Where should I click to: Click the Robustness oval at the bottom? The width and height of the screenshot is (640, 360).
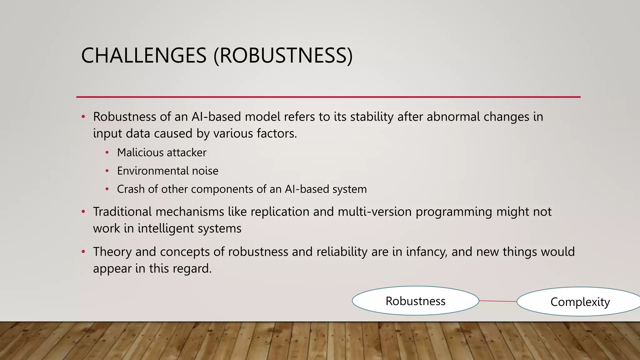(x=415, y=301)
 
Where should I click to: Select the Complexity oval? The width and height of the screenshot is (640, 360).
(x=580, y=302)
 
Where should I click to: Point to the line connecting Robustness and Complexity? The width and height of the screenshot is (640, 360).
(x=498, y=301)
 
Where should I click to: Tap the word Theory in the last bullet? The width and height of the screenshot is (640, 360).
(x=112, y=252)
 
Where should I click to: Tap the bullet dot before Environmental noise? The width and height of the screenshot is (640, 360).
(x=107, y=171)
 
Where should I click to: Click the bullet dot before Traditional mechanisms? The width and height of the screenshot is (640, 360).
(x=83, y=212)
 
